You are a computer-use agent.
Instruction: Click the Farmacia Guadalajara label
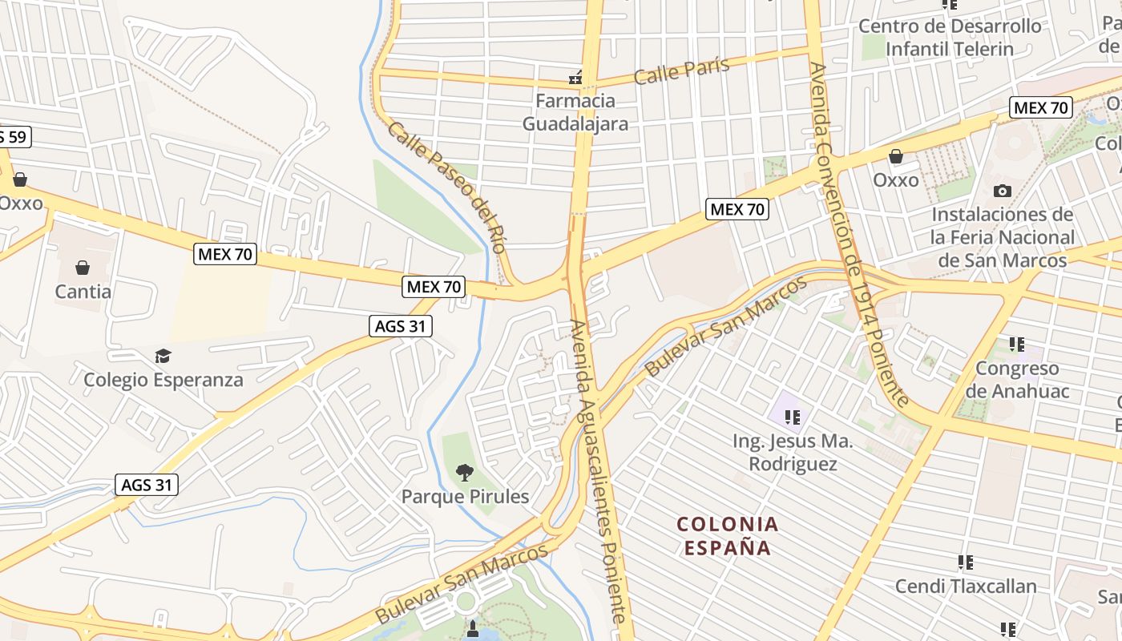(x=575, y=112)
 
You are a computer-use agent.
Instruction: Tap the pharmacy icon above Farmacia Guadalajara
(x=575, y=78)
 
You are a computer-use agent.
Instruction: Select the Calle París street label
(x=681, y=71)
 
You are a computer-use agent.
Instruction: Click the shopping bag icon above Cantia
(x=83, y=267)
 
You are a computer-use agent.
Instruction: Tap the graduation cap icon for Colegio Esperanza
(x=163, y=355)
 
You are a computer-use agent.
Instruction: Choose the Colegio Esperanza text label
(x=163, y=379)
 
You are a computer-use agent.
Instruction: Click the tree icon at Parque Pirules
(x=464, y=473)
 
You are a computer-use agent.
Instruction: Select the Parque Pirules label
(x=465, y=497)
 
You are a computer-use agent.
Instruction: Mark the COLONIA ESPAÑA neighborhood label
(x=727, y=536)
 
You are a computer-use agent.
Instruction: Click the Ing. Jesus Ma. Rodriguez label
(x=793, y=453)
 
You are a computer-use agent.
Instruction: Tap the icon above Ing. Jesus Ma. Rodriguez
(x=793, y=417)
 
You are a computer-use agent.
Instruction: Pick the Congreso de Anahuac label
(x=1018, y=380)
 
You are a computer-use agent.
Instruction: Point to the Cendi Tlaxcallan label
(x=966, y=586)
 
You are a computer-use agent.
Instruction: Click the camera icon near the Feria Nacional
(x=1002, y=191)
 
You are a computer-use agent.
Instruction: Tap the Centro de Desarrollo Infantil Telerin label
(x=950, y=37)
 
